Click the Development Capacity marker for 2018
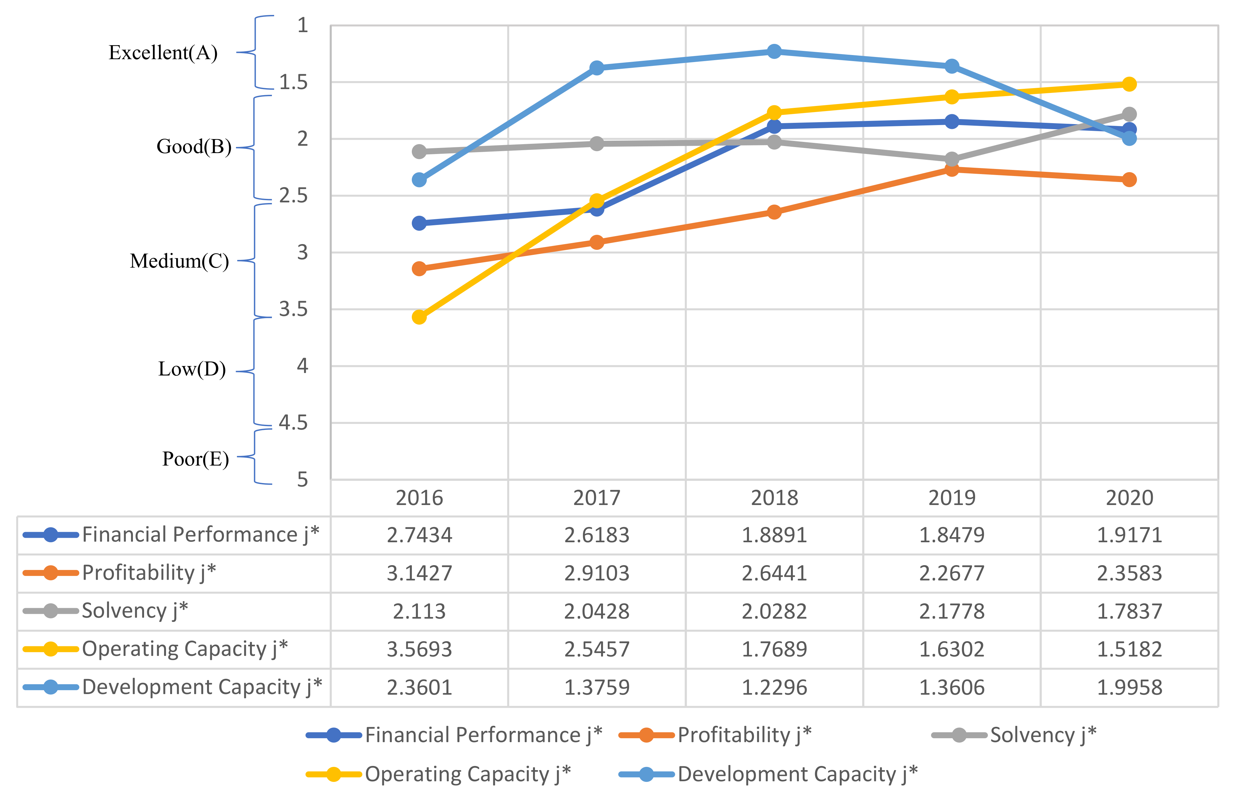click(x=774, y=51)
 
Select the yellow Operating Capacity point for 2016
click(x=419, y=317)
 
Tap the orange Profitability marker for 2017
click(x=597, y=242)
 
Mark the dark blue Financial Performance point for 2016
click(x=419, y=223)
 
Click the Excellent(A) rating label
click(x=163, y=53)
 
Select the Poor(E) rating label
click(x=195, y=459)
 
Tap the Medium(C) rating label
click(x=179, y=261)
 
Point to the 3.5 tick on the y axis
click(x=293, y=309)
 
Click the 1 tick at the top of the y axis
click(x=302, y=25)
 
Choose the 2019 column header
click(x=952, y=498)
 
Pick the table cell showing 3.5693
click(x=419, y=649)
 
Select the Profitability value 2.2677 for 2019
click(x=952, y=573)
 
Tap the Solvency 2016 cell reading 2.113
click(x=419, y=611)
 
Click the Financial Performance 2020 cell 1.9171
click(x=1129, y=535)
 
